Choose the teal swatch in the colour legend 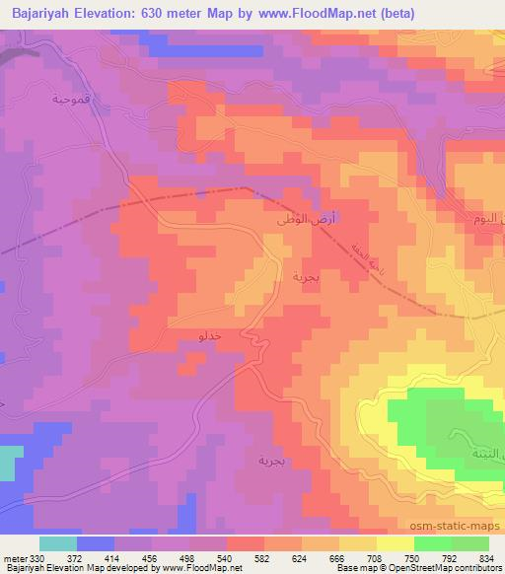tap(57, 543)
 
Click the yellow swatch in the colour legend tap(395, 543)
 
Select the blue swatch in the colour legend tap(95, 543)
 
